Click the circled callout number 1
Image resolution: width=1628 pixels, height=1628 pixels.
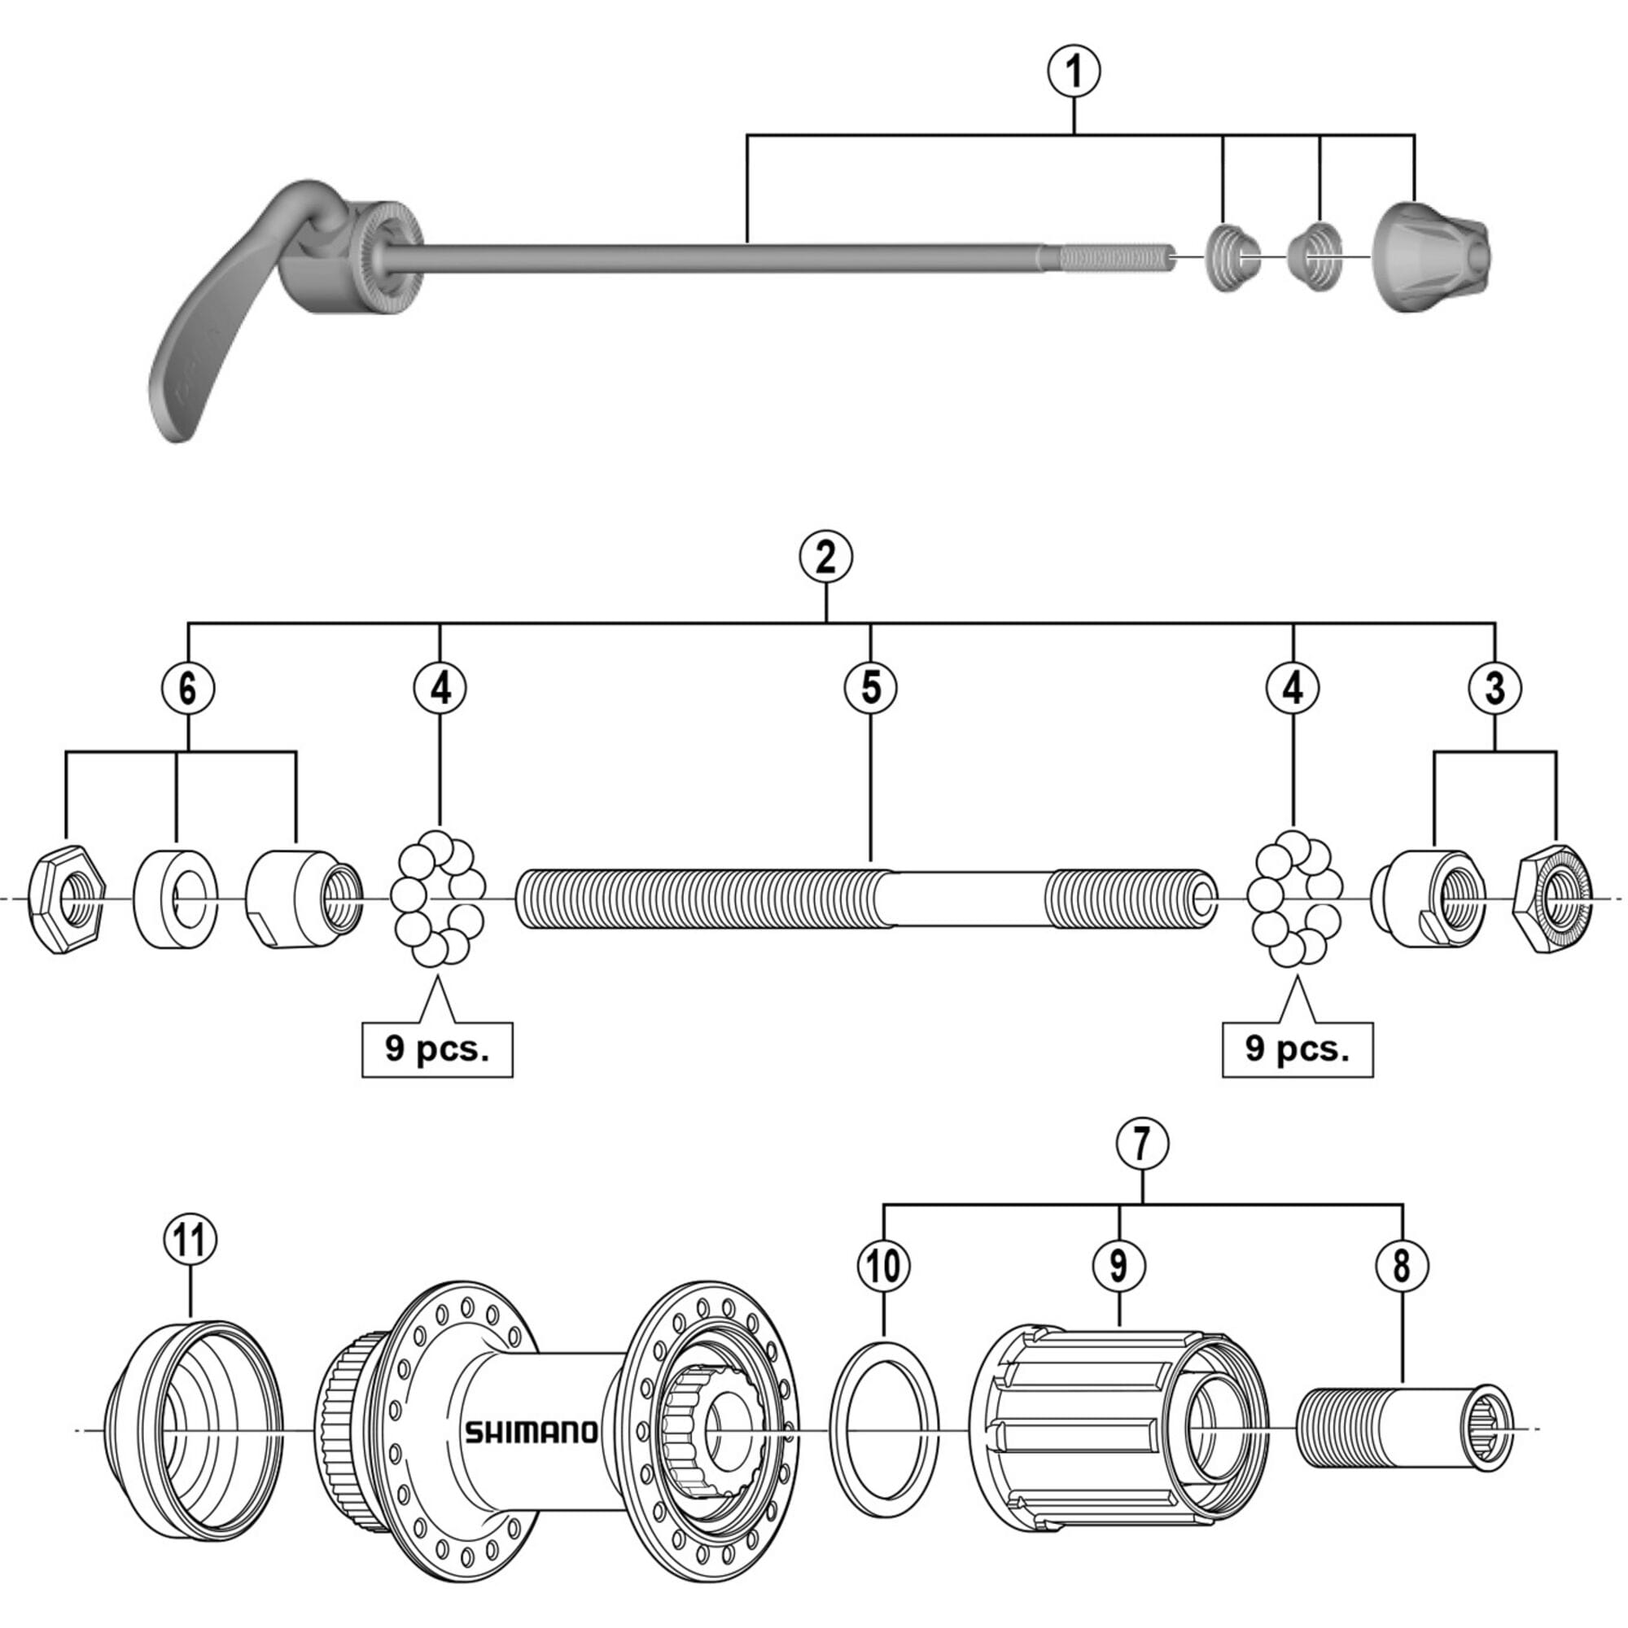pos(1074,72)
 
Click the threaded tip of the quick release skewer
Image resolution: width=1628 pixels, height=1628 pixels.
pos(1114,257)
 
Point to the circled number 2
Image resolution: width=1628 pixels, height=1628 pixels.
pos(825,557)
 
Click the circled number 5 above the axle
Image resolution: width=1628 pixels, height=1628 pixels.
pos(869,688)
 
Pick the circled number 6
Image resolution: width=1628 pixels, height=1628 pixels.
pos(188,688)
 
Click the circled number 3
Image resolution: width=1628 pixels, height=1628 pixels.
pos(1495,688)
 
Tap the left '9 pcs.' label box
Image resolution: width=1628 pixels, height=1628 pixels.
pos(436,1050)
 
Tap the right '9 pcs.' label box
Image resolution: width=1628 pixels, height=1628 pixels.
pos(1297,1050)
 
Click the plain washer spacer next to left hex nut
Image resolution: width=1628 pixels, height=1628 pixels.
pos(175,900)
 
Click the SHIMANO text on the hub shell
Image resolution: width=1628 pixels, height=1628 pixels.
pos(531,1432)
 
